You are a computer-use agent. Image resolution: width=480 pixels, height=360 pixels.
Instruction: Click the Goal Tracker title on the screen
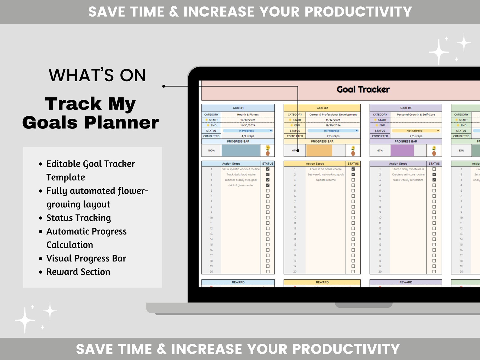(363, 89)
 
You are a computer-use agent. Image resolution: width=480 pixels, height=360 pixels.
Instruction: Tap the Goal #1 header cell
(238, 108)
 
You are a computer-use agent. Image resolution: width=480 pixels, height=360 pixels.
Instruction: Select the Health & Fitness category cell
(248, 115)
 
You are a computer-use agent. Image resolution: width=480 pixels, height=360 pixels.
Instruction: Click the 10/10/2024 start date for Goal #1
(248, 120)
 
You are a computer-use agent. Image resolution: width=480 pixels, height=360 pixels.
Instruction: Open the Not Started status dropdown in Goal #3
(416, 131)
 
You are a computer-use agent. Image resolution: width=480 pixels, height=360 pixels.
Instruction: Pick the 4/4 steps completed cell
(248, 136)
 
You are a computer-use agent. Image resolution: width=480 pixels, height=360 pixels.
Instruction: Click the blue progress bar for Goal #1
(241, 151)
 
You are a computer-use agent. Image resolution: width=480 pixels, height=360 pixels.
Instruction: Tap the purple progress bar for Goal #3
(402, 151)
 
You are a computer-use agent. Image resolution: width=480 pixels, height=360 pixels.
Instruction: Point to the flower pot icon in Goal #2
(353, 151)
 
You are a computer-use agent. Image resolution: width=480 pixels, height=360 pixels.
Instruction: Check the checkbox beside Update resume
(353, 180)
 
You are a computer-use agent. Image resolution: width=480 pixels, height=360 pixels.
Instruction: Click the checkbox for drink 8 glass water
(268, 185)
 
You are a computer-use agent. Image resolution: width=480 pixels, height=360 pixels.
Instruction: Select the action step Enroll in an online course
(326, 169)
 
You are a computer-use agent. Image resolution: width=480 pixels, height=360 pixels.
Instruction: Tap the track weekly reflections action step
(408, 180)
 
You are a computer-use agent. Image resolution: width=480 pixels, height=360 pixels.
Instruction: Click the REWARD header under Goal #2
(322, 282)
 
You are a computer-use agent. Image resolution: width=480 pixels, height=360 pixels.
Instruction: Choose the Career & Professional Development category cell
(333, 115)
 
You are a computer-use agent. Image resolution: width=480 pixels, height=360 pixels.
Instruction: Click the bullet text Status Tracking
(79, 218)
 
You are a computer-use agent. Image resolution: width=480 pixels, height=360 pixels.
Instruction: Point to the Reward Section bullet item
(78, 272)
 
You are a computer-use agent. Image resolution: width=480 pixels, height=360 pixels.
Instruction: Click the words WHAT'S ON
(97, 75)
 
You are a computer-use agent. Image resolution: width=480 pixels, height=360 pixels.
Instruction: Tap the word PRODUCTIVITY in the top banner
(358, 12)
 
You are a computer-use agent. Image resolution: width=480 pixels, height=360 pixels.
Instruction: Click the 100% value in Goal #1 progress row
(211, 151)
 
